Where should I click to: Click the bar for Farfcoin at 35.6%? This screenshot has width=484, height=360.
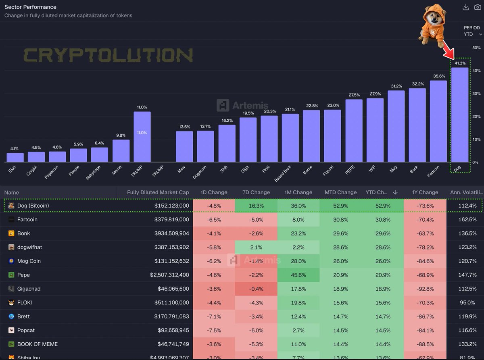(x=438, y=121)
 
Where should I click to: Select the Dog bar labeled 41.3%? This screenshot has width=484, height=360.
(x=460, y=114)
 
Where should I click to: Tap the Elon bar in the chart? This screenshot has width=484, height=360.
(x=15, y=157)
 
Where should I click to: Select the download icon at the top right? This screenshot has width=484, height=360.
(x=466, y=7)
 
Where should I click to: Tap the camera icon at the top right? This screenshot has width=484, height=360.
(x=477, y=7)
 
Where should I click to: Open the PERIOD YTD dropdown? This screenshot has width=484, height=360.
(x=471, y=31)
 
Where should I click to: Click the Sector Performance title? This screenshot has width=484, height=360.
(x=30, y=7)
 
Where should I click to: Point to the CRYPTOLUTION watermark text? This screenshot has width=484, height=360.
(x=108, y=55)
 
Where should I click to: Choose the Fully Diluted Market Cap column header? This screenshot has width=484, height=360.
(x=158, y=192)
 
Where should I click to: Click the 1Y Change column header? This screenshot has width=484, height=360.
(x=425, y=192)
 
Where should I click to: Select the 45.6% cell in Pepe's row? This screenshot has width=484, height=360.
(x=298, y=275)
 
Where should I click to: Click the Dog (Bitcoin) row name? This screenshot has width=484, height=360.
(x=33, y=206)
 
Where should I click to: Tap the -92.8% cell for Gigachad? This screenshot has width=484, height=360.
(x=425, y=289)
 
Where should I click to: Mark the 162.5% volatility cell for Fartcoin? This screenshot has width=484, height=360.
(x=467, y=220)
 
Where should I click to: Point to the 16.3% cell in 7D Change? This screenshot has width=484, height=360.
(x=257, y=206)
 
